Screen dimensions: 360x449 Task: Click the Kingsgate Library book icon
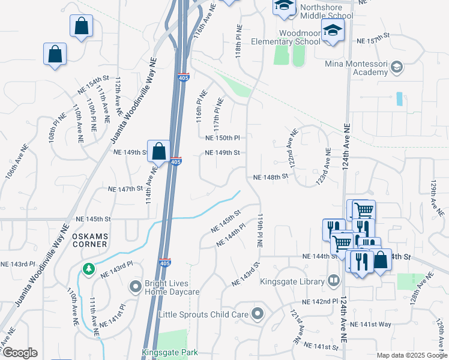click(x=333, y=280)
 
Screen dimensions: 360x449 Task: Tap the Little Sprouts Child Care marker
click(x=258, y=313)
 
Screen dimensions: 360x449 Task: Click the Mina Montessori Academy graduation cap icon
click(x=396, y=67)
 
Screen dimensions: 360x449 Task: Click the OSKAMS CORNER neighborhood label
click(x=89, y=240)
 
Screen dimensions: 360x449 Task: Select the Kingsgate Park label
click(x=170, y=353)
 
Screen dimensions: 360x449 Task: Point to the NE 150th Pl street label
click(x=222, y=137)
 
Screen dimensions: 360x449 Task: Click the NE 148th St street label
click(x=271, y=177)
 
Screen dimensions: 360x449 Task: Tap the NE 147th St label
click(x=125, y=189)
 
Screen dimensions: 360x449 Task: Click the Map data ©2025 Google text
click(x=411, y=355)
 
